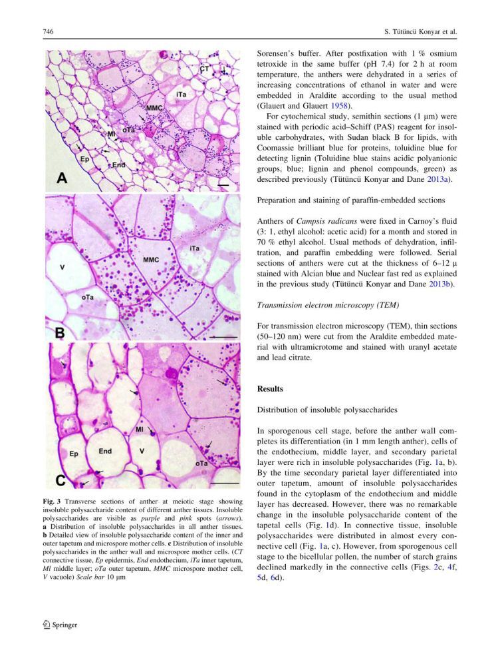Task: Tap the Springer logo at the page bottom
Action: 60,625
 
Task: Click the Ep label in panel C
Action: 74,454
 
